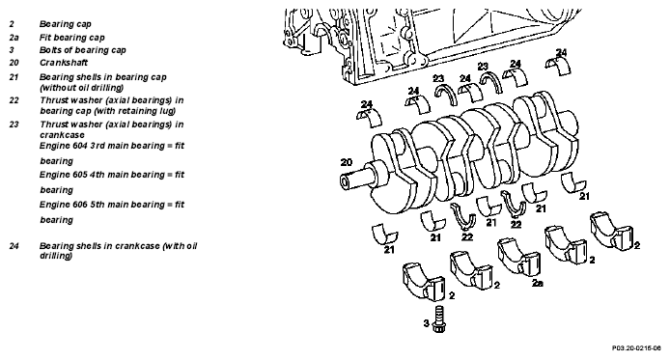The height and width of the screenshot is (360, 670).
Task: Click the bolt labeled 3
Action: [439, 319]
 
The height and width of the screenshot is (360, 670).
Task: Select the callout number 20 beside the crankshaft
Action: [347, 162]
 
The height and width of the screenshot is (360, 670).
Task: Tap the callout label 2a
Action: [538, 283]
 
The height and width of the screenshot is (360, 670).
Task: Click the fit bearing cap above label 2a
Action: [517, 256]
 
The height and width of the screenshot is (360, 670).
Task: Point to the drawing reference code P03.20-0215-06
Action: [636, 348]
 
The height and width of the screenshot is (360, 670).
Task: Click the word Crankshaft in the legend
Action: [64, 63]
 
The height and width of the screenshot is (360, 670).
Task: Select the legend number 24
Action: [14, 246]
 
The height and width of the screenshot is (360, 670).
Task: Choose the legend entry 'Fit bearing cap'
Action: [71, 38]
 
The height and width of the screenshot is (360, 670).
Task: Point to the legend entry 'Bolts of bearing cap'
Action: [82, 50]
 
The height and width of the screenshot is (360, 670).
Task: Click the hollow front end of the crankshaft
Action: [345, 182]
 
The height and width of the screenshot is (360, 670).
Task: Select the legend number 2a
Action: [14, 38]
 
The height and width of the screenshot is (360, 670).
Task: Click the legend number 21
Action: [14, 77]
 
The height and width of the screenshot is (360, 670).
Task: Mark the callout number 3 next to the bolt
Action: [426, 323]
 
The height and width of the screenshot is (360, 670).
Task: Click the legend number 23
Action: [14, 125]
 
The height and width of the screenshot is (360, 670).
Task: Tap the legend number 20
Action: [14, 63]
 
